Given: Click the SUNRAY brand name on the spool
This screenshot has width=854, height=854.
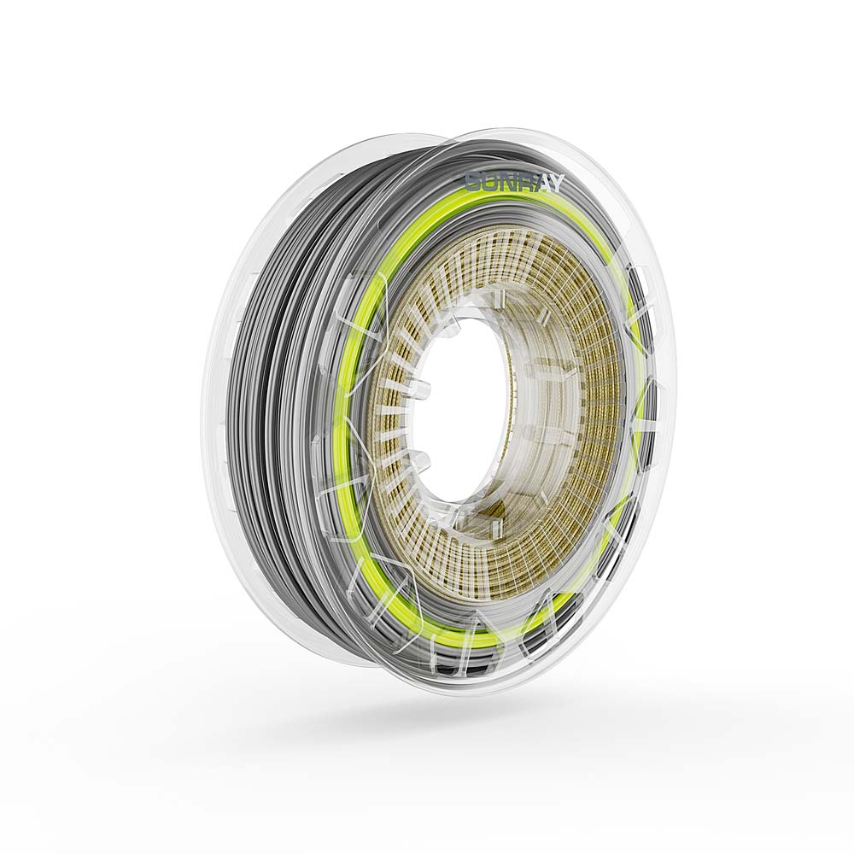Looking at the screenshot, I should [513, 182].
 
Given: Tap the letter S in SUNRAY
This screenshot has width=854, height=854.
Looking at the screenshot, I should [472, 181].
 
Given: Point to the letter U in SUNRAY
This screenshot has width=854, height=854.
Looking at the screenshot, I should [488, 181].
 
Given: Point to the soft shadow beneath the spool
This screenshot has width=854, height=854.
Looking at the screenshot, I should [478, 726].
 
